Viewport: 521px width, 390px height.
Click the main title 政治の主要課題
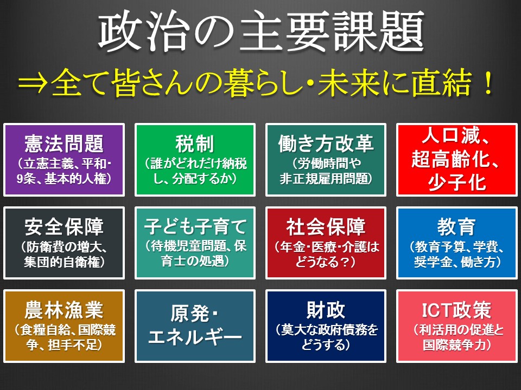pyautogui.click(x=261, y=32)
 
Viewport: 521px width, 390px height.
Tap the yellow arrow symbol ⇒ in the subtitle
pyautogui.click(x=33, y=83)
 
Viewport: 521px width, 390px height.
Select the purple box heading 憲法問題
pyautogui.click(x=64, y=143)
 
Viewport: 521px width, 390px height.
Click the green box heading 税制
pyautogui.click(x=195, y=143)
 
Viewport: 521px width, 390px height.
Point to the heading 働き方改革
pyautogui.click(x=326, y=143)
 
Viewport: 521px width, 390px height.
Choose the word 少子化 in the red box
pyautogui.click(x=457, y=182)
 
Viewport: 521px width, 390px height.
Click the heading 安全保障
pyautogui.click(x=64, y=226)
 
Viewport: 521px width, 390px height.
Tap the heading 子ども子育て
pyautogui.click(x=195, y=226)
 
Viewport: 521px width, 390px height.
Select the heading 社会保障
pyautogui.click(x=326, y=226)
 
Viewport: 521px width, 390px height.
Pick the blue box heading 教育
pyautogui.click(x=457, y=226)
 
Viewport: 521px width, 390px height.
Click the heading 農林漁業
pyautogui.click(x=64, y=310)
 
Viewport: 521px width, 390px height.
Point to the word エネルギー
pyautogui.click(x=195, y=337)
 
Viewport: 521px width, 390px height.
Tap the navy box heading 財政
pyautogui.click(x=326, y=310)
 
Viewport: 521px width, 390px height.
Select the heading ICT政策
pyautogui.click(x=457, y=310)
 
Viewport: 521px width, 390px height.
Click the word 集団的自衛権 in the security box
pyautogui.click(x=62, y=262)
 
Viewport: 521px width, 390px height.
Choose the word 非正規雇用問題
pyautogui.click(x=323, y=178)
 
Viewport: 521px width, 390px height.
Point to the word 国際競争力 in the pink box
pyautogui.click(x=454, y=345)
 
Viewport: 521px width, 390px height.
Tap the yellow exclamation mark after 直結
pyautogui.click(x=488, y=83)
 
